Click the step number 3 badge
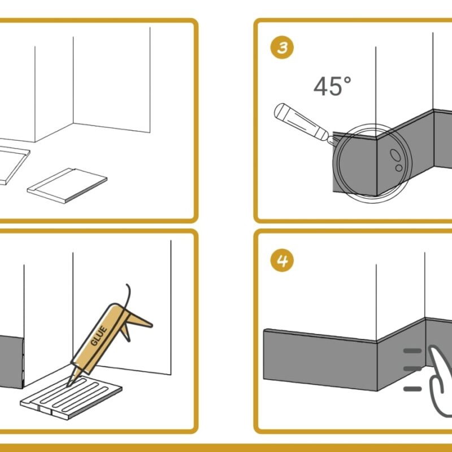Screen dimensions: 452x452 pos(282,47)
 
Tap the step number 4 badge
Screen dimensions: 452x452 pos(282,260)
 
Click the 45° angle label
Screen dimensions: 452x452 pos(332,86)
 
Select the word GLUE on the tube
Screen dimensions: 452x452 pos(98,335)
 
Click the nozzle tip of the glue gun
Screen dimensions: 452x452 pos(69,385)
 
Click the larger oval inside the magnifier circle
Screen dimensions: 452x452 pos(395,155)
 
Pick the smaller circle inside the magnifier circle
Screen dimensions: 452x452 pos(399,168)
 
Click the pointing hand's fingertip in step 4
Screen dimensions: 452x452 pos(433,349)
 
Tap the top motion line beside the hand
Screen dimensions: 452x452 pos(412,351)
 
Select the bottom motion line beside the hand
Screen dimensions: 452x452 pos(412,389)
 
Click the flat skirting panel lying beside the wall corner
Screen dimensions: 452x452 pos(67,186)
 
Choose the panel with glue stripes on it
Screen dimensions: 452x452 pos(71,397)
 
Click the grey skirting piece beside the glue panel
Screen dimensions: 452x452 pos(11,362)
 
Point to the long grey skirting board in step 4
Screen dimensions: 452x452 pos(320,360)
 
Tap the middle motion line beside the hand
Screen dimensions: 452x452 pos(412,369)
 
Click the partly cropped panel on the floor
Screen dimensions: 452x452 pos(13,162)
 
